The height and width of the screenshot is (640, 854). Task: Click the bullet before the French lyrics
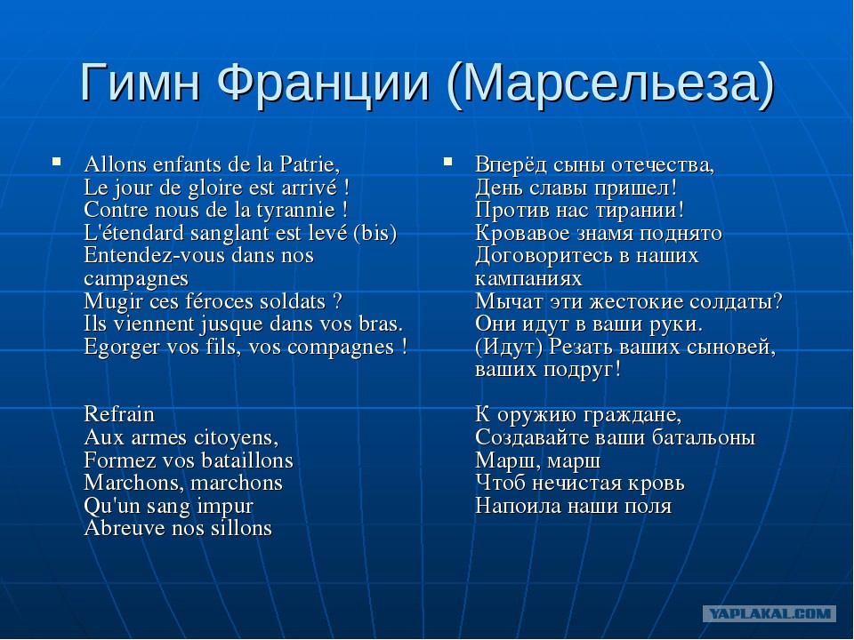(x=56, y=161)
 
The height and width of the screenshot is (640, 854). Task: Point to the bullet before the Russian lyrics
(x=447, y=161)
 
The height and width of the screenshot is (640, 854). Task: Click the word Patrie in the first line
(x=310, y=164)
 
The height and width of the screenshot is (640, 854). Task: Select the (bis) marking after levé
(x=375, y=234)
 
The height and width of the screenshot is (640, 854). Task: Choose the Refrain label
(x=119, y=415)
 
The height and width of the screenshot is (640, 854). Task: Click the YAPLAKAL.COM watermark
(x=769, y=614)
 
